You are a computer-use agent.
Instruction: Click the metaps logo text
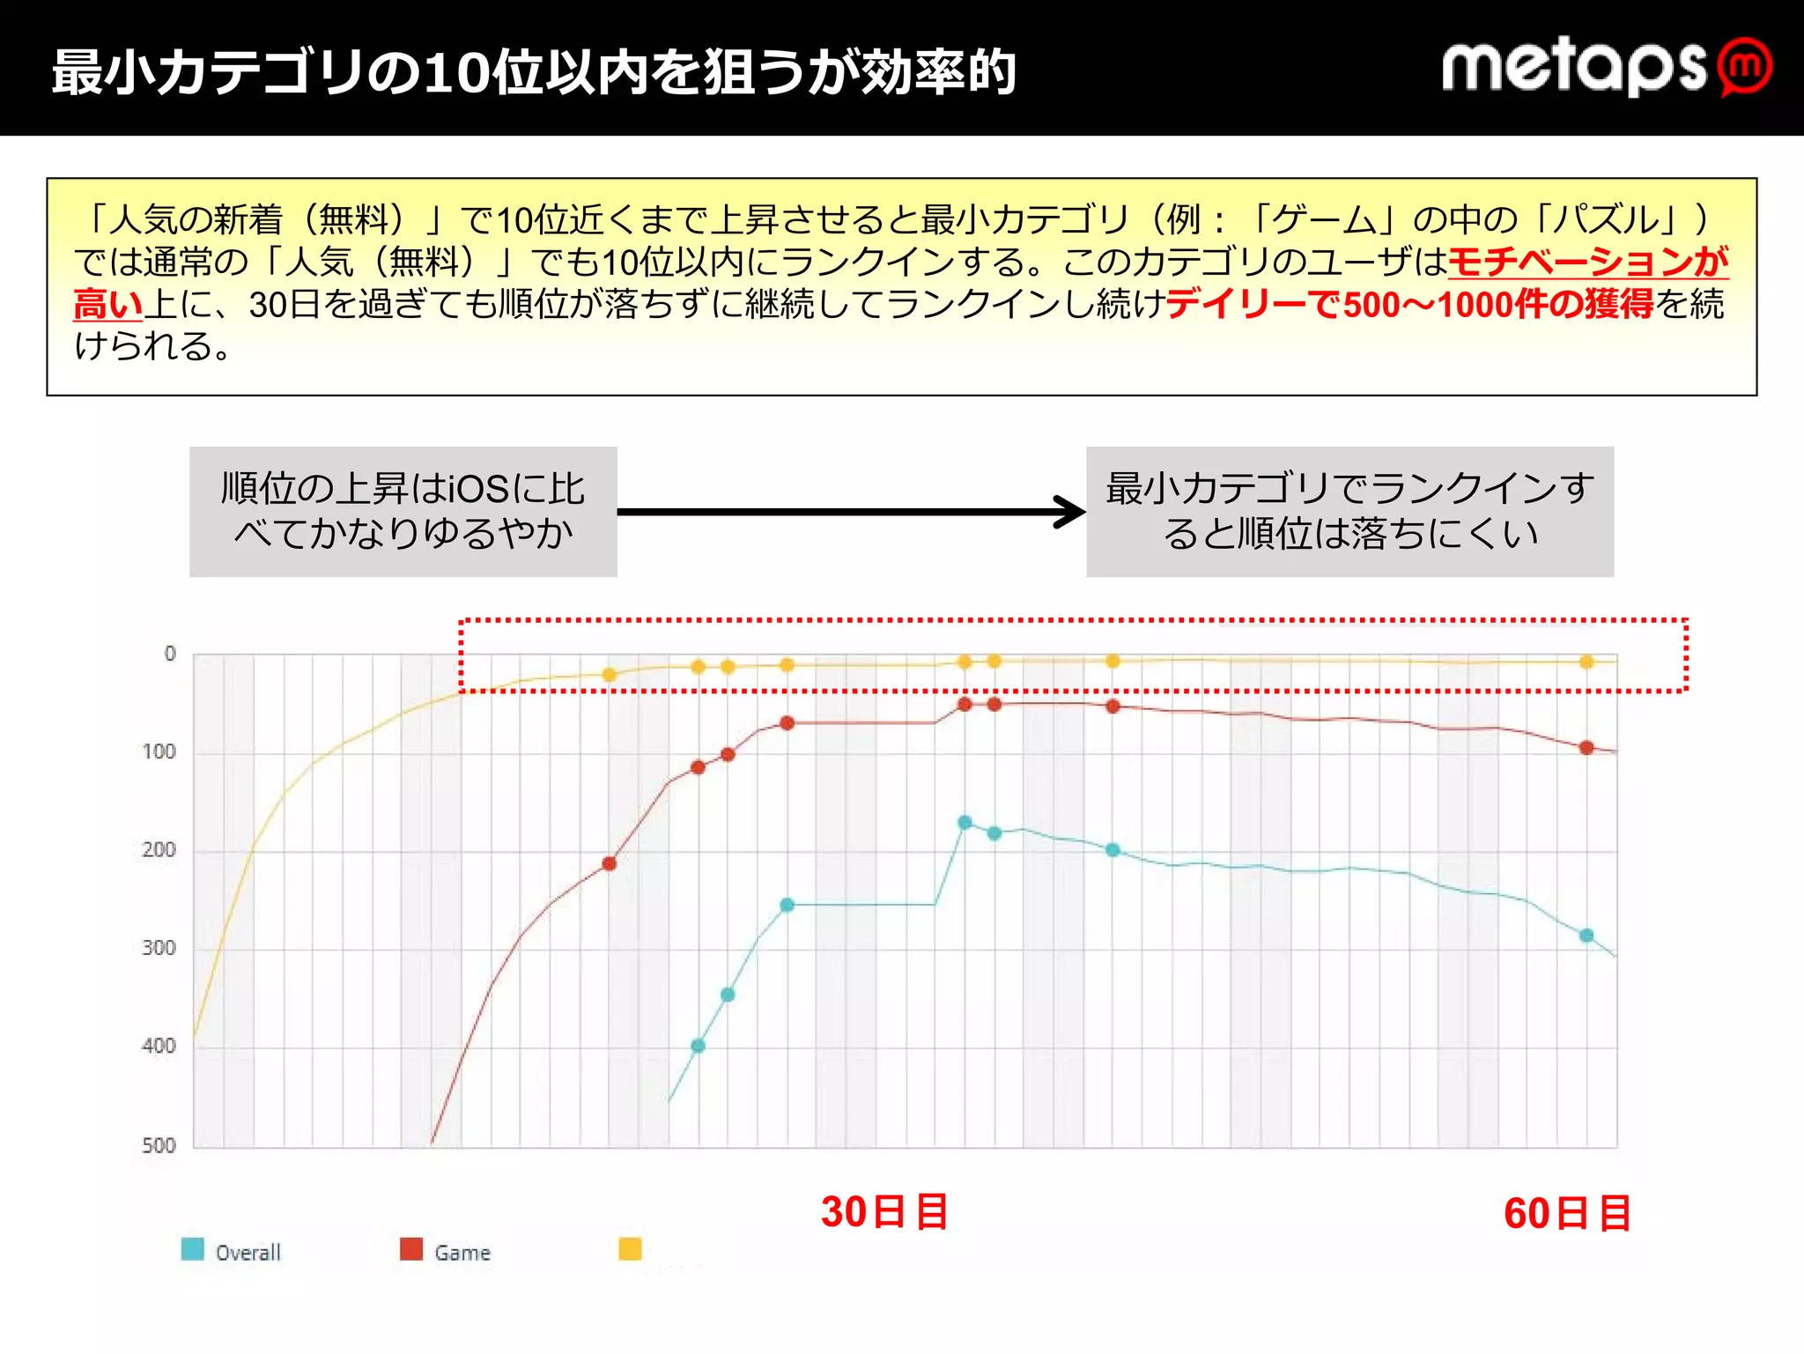coord(1573,67)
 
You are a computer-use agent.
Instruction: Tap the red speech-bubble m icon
coord(1745,67)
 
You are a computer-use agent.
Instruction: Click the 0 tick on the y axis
coord(170,654)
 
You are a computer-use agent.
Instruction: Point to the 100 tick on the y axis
coord(159,751)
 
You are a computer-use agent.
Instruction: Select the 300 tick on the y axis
coord(159,948)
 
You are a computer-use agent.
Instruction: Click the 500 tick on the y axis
coord(159,1145)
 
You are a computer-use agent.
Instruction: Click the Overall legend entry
coord(231,1251)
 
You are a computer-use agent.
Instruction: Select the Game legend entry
coord(446,1251)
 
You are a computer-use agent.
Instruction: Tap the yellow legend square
coord(630,1249)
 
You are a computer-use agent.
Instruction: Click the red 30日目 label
coord(884,1212)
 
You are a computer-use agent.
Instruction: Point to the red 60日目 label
coord(1567,1214)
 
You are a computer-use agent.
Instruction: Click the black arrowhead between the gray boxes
coord(1071,512)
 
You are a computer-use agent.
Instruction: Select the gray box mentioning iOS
coord(403,512)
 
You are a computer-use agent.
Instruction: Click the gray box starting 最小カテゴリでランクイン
coord(1349,512)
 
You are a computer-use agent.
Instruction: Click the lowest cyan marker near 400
coord(698,1046)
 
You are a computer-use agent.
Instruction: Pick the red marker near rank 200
coord(609,863)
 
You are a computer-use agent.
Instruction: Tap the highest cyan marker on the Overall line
coord(965,822)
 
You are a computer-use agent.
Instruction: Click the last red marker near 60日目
coord(1586,747)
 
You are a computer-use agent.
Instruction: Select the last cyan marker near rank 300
coord(1586,936)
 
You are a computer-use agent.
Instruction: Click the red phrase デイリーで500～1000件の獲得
coord(1409,304)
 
